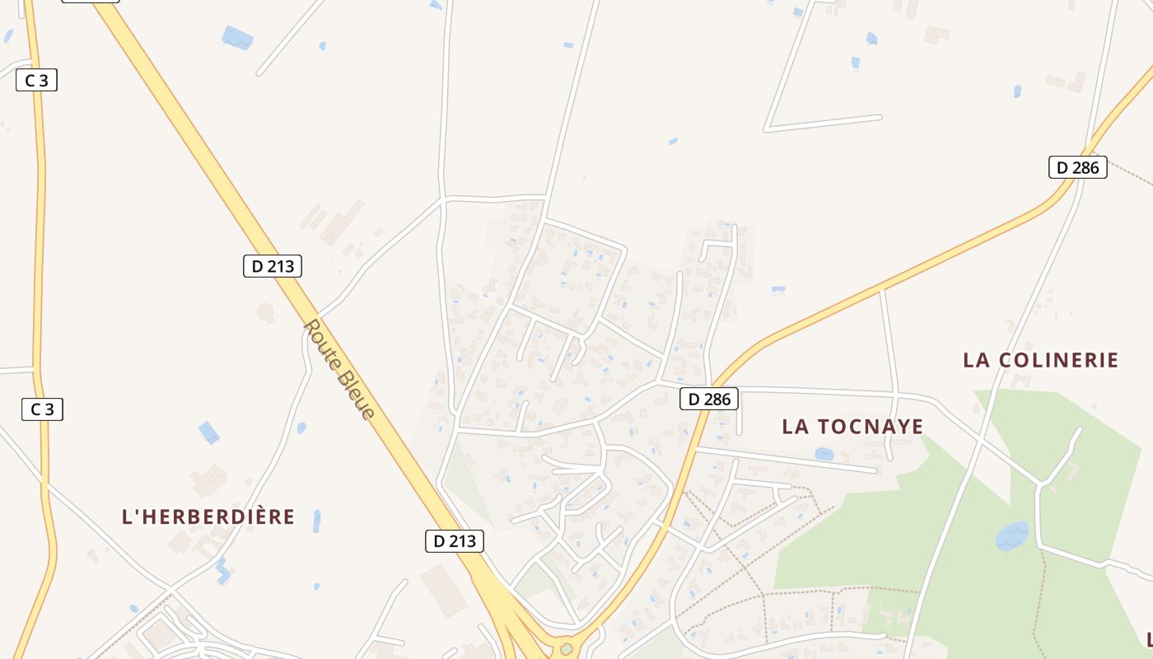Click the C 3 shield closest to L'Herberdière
(42, 409)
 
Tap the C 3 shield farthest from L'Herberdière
(36, 80)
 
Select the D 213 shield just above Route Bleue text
(273, 266)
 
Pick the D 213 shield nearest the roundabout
(455, 541)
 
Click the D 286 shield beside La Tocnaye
(709, 400)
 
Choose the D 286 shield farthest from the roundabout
(1077, 167)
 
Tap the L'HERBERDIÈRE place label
(208, 517)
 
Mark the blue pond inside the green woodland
(1012, 536)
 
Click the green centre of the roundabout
(566, 649)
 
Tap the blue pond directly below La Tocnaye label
(824, 454)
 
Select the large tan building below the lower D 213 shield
(444, 590)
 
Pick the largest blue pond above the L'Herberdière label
(209, 432)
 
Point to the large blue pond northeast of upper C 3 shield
(237, 37)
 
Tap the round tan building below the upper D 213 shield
(265, 312)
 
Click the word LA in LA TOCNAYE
(796, 427)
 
